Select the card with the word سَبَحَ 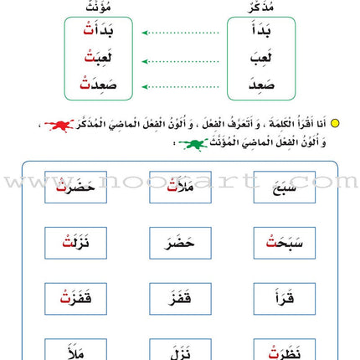pos(284,187)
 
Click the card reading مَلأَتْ pos(180,187)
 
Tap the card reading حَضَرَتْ pos(75,187)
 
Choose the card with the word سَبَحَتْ pos(284,243)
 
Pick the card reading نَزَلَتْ pos(75,243)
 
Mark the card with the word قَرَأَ pos(284,298)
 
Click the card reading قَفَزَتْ pos(75,298)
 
